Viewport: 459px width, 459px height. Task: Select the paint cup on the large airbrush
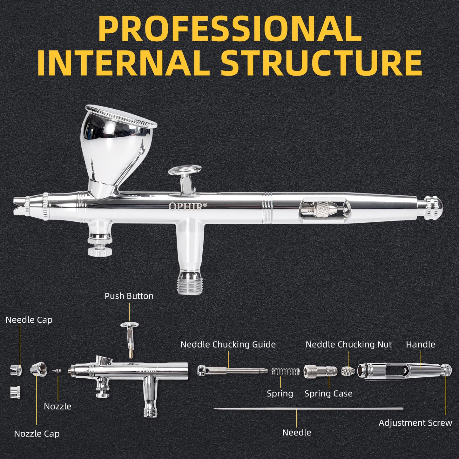pos(116,143)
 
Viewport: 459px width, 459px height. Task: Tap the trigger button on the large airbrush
pos(185,171)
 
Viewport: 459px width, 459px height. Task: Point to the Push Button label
pos(129,296)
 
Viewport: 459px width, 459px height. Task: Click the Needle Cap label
pos(29,320)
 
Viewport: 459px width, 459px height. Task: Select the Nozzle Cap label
pos(37,434)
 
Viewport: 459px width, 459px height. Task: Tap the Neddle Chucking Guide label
pos(228,344)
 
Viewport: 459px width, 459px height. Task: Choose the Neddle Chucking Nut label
pos(348,344)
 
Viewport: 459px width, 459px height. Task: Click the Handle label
pos(421,344)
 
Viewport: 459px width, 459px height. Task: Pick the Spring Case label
pos(328,394)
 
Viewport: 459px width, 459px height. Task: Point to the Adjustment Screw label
pos(415,423)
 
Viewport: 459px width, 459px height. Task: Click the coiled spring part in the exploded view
pos(286,371)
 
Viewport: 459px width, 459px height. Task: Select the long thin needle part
pos(308,408)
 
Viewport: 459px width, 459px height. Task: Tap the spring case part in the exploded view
pos(320,371)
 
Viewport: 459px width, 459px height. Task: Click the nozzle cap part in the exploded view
pos(38,369)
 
